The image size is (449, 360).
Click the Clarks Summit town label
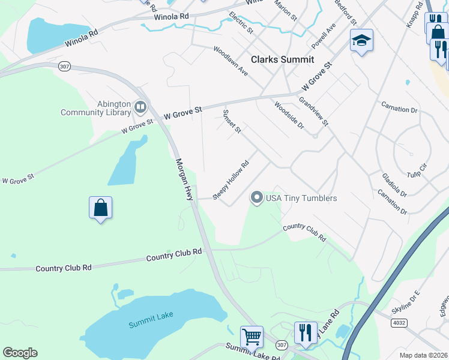[282, 59]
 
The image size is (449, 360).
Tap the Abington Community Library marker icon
[140, 107]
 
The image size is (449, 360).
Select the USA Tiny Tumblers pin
[257, 197]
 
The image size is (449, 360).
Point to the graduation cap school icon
[361, 40]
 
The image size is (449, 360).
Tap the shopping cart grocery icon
[252, 337]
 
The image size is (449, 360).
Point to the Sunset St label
[232, 121]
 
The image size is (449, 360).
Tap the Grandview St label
[314, 112]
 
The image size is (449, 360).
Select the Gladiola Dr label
[394, 185]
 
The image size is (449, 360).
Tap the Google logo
[20, 353]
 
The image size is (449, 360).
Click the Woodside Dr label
[289, 115]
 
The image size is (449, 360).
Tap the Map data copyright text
[423, 355]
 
